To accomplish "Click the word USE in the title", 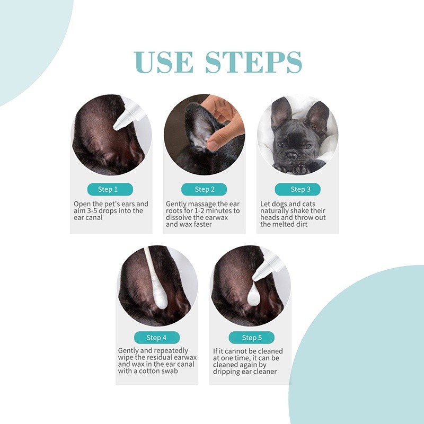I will pos(164,63).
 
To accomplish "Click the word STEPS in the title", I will pos(253,63).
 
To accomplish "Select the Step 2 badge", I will pos(204,189).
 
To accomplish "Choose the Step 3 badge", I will pos(297,189).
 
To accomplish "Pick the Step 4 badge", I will pos(157,338).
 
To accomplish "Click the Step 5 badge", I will pos(251,338).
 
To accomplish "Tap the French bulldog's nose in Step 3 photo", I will pos(292,156).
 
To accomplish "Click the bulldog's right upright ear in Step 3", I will pos(317,114).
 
